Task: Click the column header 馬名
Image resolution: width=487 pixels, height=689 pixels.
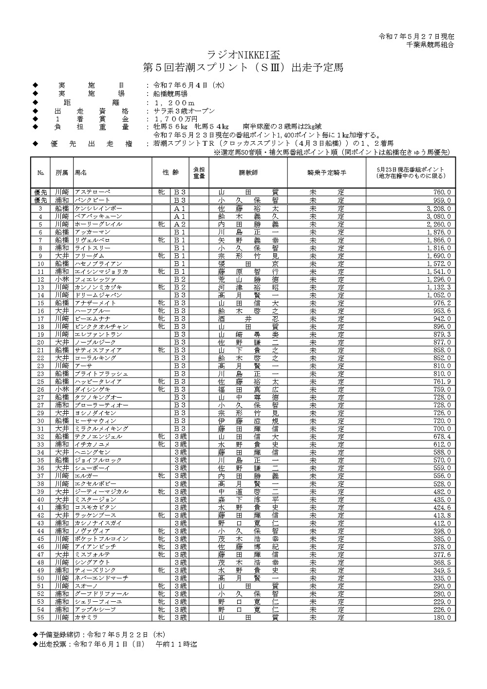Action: [81, 173]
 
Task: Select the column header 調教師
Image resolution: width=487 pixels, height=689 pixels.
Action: [248, 173]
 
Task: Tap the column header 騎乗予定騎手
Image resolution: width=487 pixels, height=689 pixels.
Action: [327, 173]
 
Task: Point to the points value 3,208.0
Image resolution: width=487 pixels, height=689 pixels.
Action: [438, 208]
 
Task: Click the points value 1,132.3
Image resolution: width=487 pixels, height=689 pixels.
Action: [438, 287]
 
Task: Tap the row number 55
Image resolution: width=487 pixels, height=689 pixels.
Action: [41, 617]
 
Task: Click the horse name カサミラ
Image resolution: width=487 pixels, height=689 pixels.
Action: [86, 617]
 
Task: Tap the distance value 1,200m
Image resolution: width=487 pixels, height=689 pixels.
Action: [174, 103]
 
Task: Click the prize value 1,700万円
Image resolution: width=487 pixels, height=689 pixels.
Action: [175, 119]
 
